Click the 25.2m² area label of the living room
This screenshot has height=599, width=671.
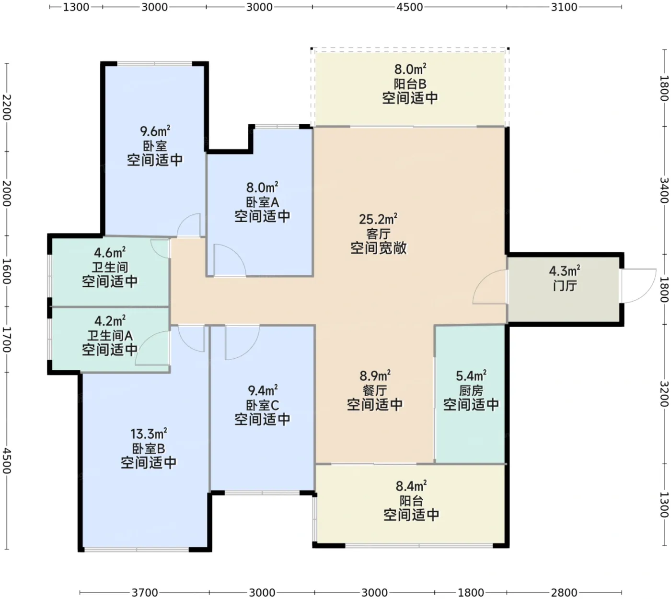pyautogui.click(x=378, y=219)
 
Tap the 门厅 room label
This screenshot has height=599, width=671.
pyautogui.click(x=565, y=286)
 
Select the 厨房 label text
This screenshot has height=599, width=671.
pyautogui.click(x=471, y=390)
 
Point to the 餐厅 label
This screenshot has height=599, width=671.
pyautogui.click(x=375, y=390)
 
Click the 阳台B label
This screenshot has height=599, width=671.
pyautogui.click(x=410, y=83)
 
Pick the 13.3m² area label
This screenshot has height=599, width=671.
pyautogui.click(x=149, y=434)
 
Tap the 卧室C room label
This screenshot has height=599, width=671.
pyautogui.click(x=262, y=405)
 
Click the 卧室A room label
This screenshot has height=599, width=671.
pyautogui.click(x=262, y=202)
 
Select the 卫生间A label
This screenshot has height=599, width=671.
pyautogui.click(x=110, y=335)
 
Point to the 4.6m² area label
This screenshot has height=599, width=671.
pyautogui.click(x=110, y=253)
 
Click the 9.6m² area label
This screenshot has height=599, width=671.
pyautogui.click(x=155, y=131)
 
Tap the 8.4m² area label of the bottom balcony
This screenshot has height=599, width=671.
pyautogui.click(x=411, y=486)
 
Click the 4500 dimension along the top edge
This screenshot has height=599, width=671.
pyautogui.click(x=410, y=7)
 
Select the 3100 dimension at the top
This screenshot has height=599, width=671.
pyautogui.click(x=564, y=7)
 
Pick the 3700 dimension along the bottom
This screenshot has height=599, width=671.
pyautogui.click(x=145, y=592)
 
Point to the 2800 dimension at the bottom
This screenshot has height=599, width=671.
pyautogui.click(x=564, y=592)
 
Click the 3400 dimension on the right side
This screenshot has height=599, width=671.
pyautogui.click(x=664, y=190)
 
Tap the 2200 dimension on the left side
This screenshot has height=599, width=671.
pyautogui.click(x=7, y=107)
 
